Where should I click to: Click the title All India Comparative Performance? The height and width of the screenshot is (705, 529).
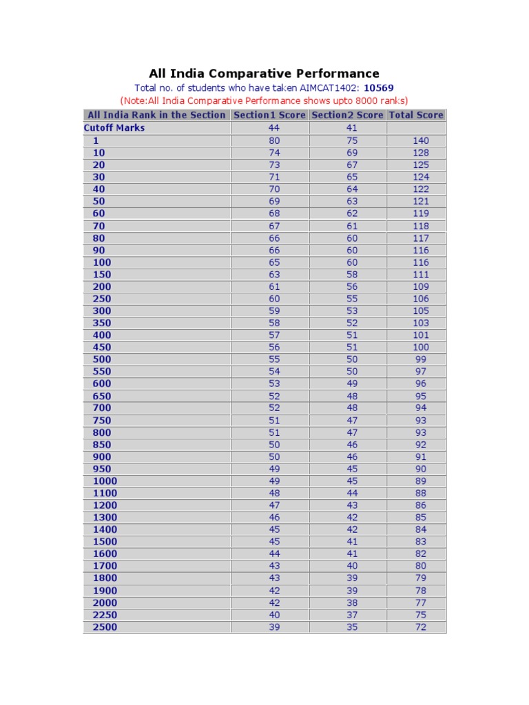coord(264,73)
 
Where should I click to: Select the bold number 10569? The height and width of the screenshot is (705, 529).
coord(379,88)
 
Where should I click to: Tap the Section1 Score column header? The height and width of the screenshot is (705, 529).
coord(269,115)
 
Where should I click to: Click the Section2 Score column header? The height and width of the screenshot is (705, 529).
coord(347,115)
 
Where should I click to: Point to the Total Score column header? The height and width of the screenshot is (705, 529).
coord(416,115)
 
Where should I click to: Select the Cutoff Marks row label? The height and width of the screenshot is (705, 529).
coord(114,128)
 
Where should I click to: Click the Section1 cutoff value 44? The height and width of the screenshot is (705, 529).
coord(274,128)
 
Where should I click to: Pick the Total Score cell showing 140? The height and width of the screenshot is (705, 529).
coord(421,140)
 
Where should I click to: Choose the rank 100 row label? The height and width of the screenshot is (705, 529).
coord(101,262)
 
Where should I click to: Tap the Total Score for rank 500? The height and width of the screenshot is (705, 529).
coord(421,359)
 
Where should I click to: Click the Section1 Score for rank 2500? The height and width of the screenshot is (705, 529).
coord(274,627)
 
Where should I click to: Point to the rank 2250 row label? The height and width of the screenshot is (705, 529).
coord(105,615)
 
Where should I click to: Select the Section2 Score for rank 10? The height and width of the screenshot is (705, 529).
coord(352,153)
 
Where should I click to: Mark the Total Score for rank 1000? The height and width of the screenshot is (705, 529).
coord(421,481)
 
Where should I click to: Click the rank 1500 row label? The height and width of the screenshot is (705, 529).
coord(105,542)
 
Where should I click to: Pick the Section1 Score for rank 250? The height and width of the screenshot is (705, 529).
coord(274,299)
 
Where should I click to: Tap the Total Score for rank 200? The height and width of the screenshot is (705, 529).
coord(421,286)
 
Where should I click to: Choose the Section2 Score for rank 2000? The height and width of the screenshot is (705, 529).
coord(352,602)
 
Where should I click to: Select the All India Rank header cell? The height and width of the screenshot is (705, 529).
coord(156,115)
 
